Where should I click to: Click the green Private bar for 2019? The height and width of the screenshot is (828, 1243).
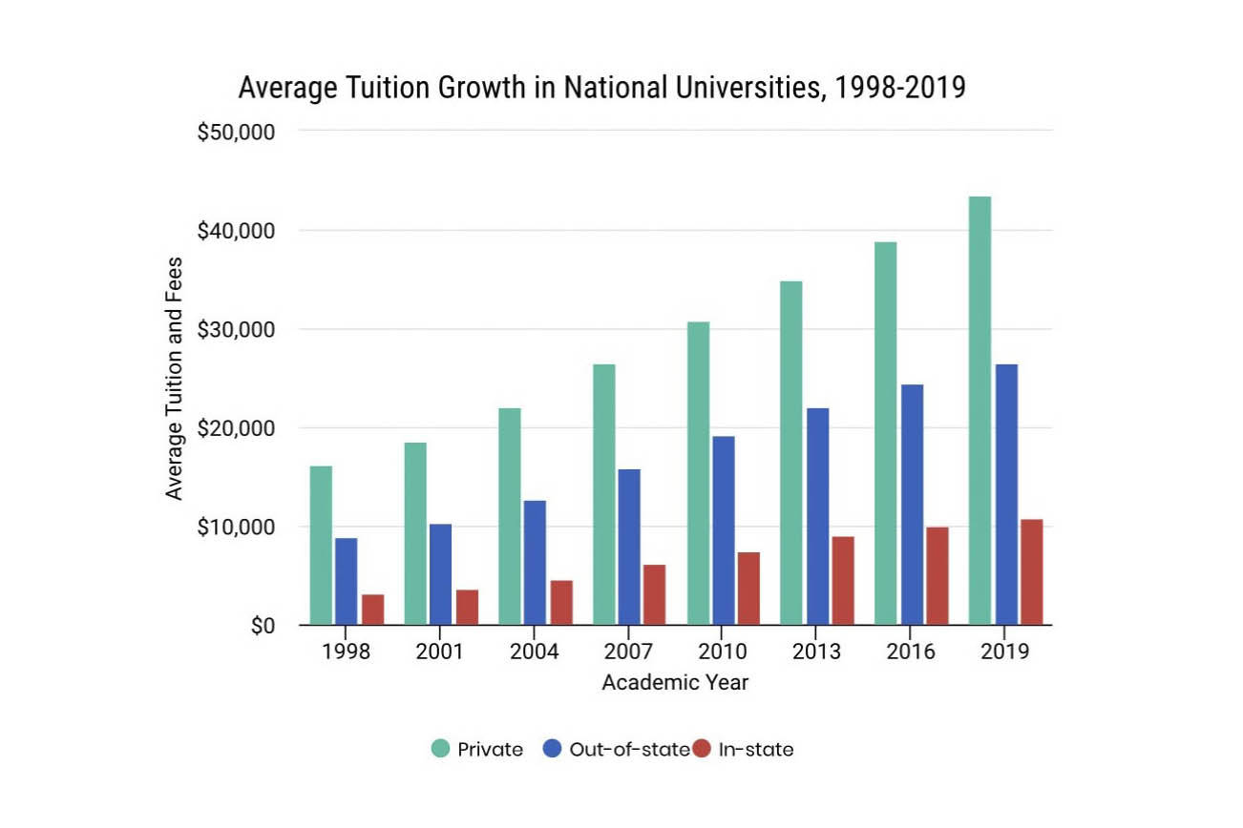click(980, 410)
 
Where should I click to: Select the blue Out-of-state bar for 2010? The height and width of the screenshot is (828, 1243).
click(723, 530)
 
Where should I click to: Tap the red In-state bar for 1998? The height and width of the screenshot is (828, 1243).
click(372, 610)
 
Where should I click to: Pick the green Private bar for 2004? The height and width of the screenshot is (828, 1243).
click(509, 516)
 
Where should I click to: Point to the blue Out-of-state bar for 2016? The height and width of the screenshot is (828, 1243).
click(911, 505)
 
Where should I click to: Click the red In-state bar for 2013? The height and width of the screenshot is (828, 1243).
click(842, 580)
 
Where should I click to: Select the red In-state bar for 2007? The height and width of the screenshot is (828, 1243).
click(654, 594)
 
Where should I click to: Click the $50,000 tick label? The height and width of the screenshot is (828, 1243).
click(236, 132)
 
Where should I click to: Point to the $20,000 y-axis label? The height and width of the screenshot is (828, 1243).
click(236, 428)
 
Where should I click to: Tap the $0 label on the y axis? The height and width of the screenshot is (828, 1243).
click(263, 627)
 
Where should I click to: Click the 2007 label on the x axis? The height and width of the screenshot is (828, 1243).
click(628, 652)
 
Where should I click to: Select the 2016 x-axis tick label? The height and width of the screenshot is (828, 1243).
click(910, 652)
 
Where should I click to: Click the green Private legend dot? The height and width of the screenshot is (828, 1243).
click(439, 749)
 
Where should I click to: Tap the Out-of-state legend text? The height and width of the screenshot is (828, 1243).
click(628, 749)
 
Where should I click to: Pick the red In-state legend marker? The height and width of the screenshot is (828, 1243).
click(702, 749)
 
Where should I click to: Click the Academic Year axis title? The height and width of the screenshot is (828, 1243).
click(675, 683)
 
